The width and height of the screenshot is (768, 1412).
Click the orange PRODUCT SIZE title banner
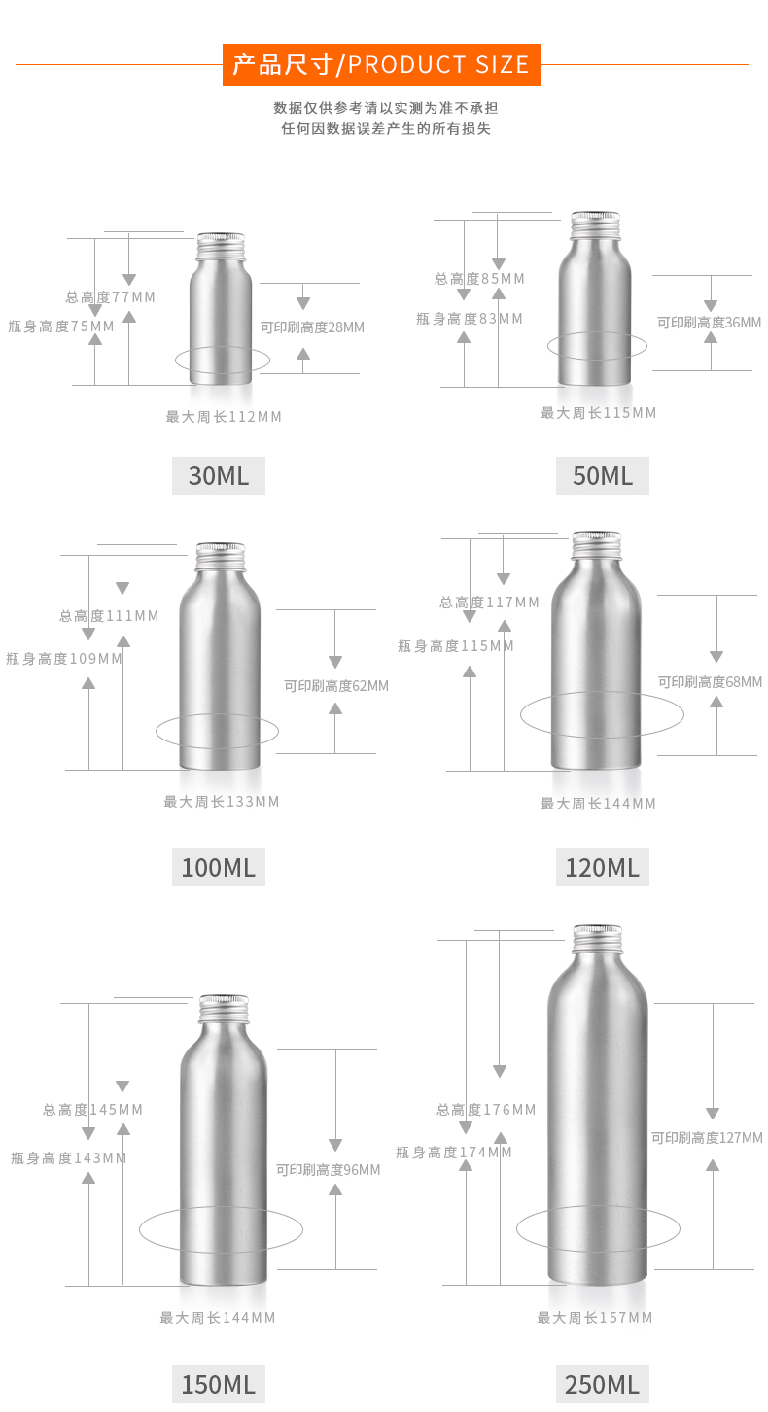pos(381,64)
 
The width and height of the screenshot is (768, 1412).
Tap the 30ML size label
pos(218,476)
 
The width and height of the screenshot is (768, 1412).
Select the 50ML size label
pos(602,476)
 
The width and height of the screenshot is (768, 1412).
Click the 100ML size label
pos(218,868)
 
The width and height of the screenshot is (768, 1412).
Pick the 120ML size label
pos(602,868)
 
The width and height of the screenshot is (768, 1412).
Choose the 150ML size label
pos(218,1384)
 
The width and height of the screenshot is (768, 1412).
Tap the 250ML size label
pos(602,1384)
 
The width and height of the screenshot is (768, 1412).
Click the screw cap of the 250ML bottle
pos(597,939)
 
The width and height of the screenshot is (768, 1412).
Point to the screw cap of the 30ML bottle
pos(221,246)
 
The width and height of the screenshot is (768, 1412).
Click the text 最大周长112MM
pos(224,417)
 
